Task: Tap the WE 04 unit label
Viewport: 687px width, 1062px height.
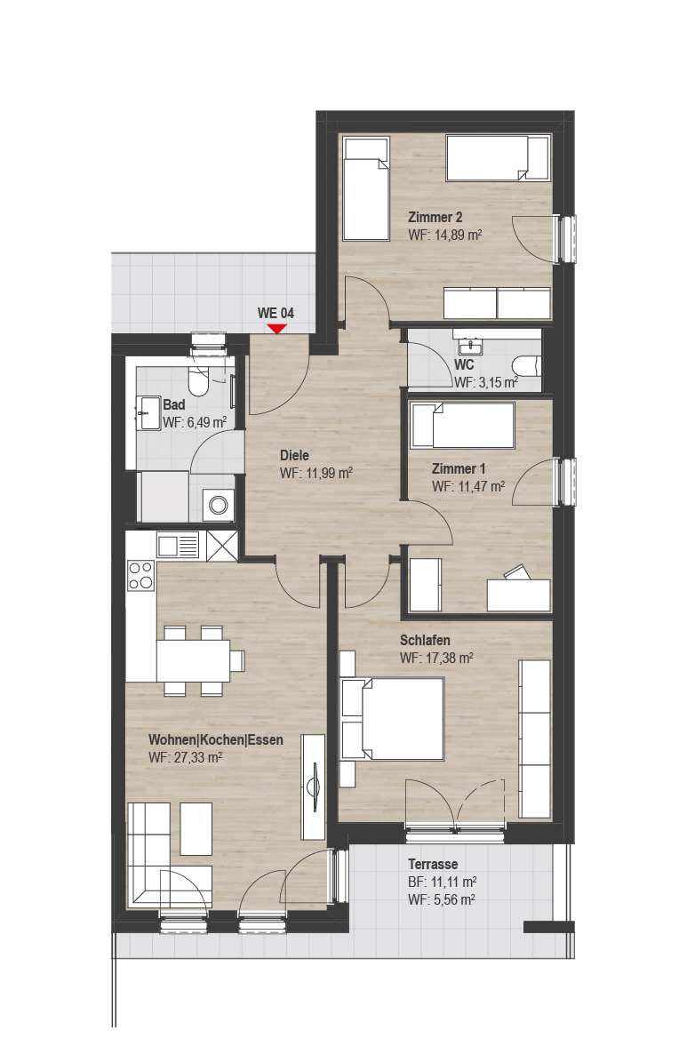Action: (x=276, y=313)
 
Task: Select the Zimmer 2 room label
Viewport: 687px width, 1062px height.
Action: (x=435, y=218)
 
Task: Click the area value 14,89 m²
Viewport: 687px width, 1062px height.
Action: (x=455, y=235)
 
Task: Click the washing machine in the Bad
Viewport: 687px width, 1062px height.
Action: (x=218, y=506)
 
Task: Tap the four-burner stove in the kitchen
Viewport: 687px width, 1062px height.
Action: (x=141, y=575)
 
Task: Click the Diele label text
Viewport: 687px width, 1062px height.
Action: (x=295, y=455)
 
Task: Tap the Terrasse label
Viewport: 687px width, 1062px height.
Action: (x=433, y=864)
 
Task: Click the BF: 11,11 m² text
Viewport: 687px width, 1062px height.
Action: (x=443, y=882)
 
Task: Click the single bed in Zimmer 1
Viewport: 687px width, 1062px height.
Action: (x=463, y=425)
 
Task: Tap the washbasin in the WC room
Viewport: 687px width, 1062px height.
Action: (x=469, y=346)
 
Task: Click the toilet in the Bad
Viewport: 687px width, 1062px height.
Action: (x=198, y=384)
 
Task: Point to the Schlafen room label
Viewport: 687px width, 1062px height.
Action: (x=425, y=640)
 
